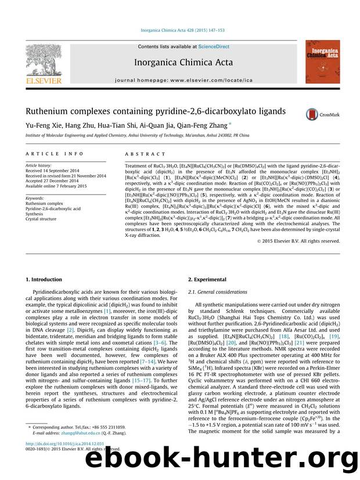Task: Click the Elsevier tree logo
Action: [x=44, y=62]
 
